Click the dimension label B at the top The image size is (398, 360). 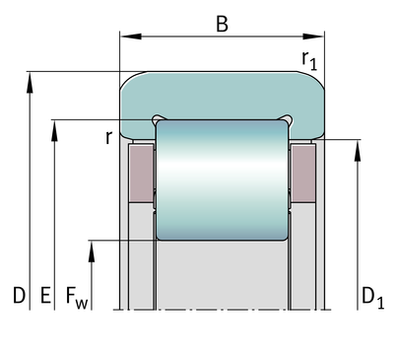point(222,24)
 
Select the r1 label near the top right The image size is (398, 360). point(309,60)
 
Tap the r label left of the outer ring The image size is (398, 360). point(109,137)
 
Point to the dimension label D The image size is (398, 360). point(19,295)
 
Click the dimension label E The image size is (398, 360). point(45,295)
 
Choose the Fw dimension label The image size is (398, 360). point(77,298)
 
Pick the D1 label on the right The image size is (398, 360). point(372,298)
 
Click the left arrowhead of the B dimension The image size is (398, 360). point(131,36)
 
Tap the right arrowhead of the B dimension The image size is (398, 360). point(313,36)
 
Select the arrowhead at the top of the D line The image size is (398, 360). point(30,82)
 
